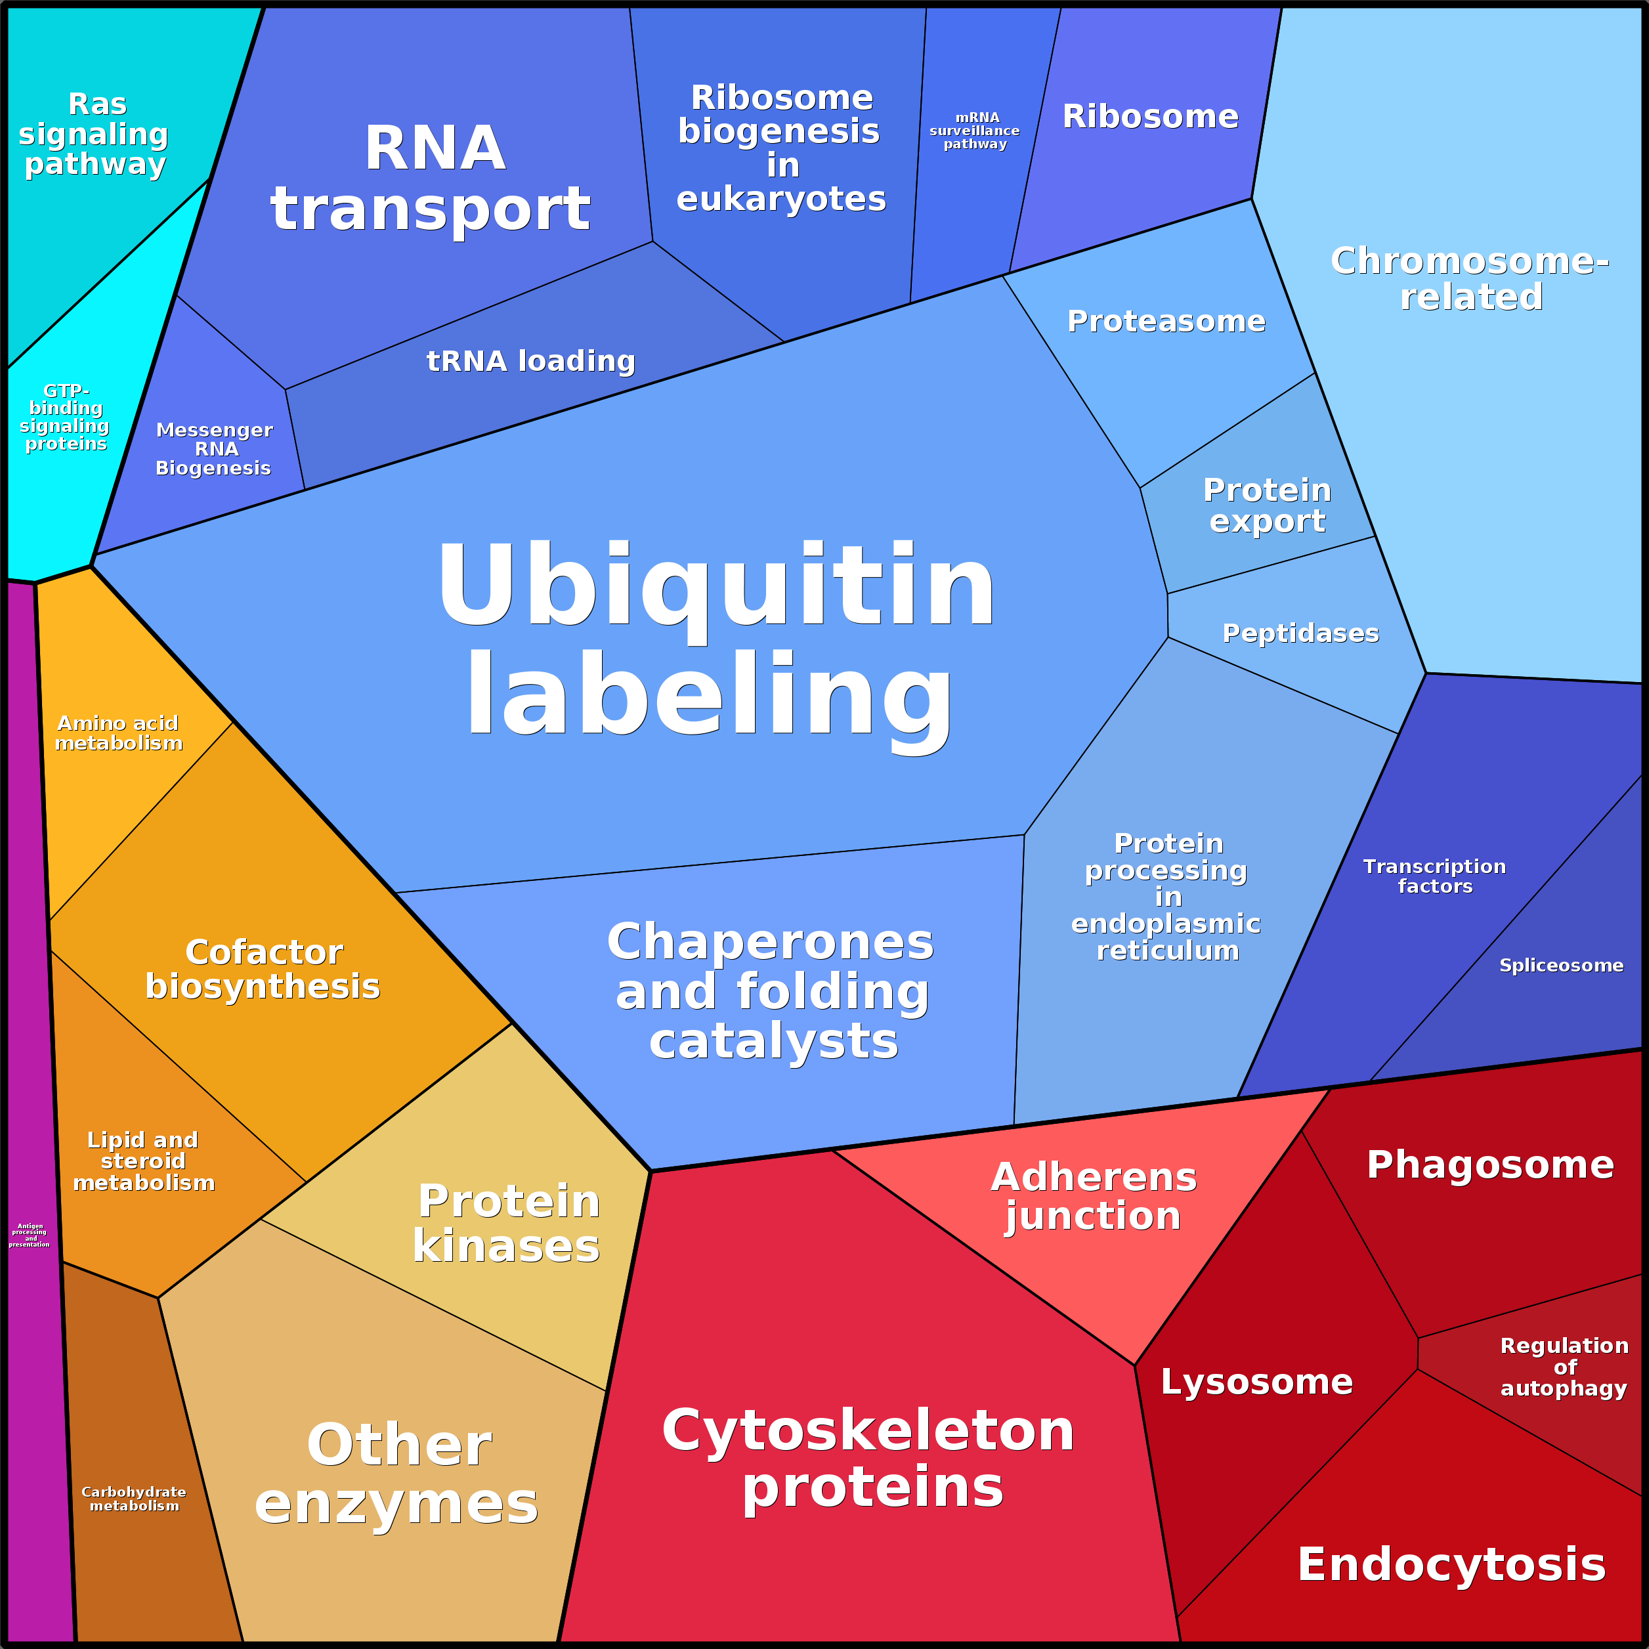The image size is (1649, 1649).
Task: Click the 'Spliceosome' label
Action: (x=1561, y=966)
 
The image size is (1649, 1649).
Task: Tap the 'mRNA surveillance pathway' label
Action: (x=975, y=131)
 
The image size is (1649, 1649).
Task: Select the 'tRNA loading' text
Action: (x=531, y=361)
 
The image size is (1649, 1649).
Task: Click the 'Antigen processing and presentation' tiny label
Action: (x=30, y=1235)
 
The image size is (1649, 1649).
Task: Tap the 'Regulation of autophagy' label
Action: (x=1564, y=1367)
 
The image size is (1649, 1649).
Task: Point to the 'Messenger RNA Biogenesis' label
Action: (x=214, y=449)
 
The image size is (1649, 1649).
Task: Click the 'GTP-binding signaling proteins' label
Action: (x=65, y=418)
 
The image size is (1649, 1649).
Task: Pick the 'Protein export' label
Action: (x=1268, y=505)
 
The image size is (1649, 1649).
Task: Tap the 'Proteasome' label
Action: (x=1166, y=322)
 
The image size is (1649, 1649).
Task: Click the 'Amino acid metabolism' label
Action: (x=119, y=733)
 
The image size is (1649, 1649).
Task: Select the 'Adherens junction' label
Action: (x=1094, y=1196)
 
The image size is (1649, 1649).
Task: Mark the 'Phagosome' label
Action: (x=1490, y=1165)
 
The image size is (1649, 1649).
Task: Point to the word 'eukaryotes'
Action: (x=781, y=199)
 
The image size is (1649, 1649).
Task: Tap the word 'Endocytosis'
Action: (x=1451, y=1564)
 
